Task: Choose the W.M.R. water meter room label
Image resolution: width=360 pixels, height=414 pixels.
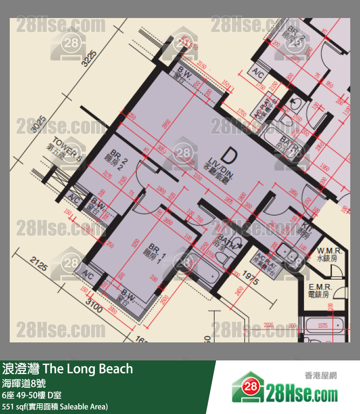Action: tap(329, 255)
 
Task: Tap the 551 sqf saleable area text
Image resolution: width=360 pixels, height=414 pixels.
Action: tap(55, 406)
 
